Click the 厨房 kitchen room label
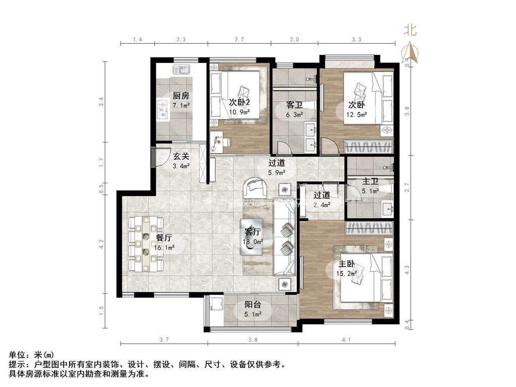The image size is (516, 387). coord(181,96)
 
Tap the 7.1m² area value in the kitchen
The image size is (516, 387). coord(181,106)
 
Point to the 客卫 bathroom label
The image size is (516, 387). coord(294,105)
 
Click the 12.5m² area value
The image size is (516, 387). coord(356,115)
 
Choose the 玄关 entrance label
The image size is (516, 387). coord(181,156)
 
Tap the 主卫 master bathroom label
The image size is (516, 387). coord(370,181)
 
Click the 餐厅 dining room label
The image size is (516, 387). coord(164,238)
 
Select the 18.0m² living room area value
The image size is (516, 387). coord(253,242)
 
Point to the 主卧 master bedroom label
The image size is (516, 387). coord(347,264)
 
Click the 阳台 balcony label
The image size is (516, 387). coord(253,305)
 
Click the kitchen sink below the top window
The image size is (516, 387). coord(181,70)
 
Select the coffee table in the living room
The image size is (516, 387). coord(252,237)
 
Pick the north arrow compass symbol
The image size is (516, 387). coord(410,52)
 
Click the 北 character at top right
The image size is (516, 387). coord(410,30)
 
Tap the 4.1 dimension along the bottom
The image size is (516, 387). coord(346,340)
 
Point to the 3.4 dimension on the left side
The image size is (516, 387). coord(102,101)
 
